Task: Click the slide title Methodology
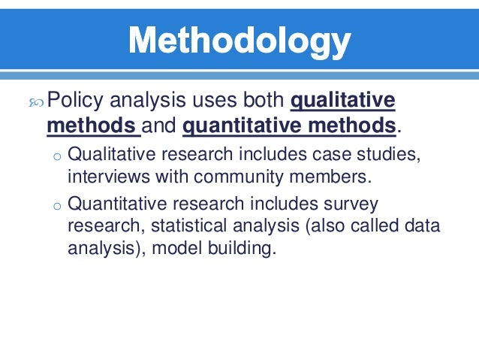(239, 41)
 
